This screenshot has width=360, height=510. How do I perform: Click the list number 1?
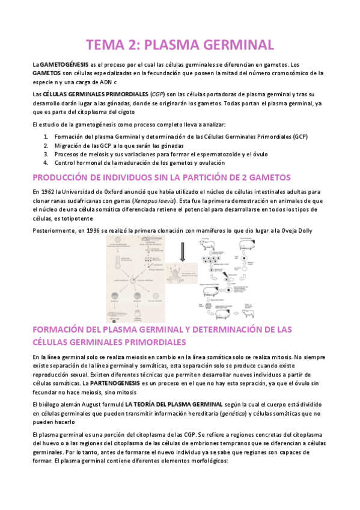tap(46, 137)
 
